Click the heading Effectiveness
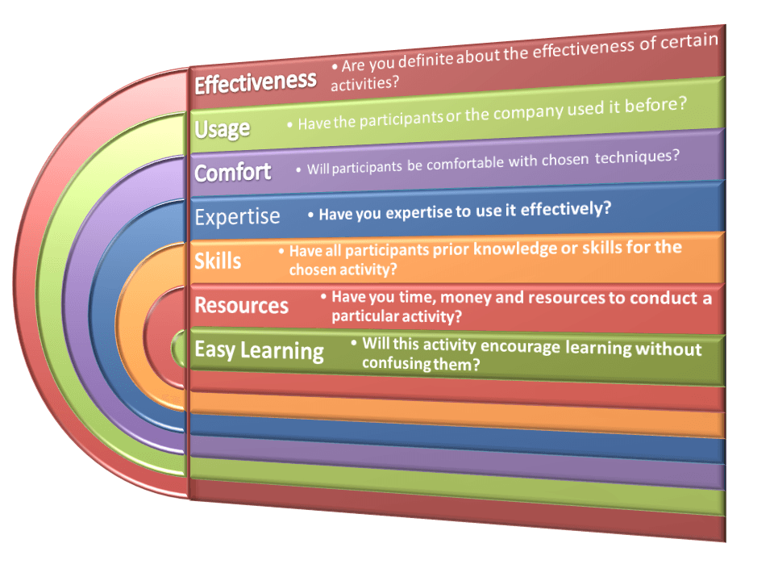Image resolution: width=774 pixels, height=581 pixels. pyautogui.click(x=256, y=82)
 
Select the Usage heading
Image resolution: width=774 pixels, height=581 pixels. pyautogui.click(x=223, y=128)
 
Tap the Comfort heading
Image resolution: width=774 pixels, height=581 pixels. pyautogui.click(x=233, y=172)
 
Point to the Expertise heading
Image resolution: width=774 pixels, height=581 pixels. pyautogui.click(x=238, y=216)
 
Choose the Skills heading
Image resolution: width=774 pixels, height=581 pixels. pyautogui.click(x=218, y=261)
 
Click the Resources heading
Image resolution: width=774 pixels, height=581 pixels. pyautogui.click(x=241, y=305)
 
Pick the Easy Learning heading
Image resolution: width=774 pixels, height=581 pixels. pyautogui.click(x=259, y=350)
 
